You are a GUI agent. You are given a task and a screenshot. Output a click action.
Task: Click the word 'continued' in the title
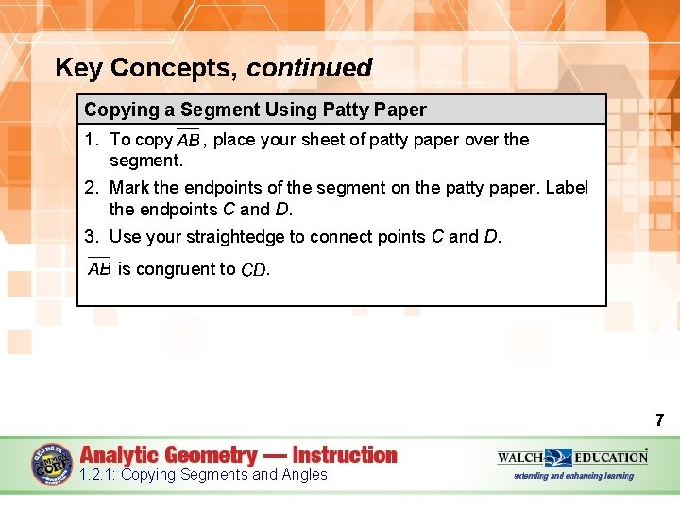pyautogui.click(x=310, y=68)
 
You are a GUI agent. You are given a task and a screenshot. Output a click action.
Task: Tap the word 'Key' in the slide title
pyautogui.click(x=79, y=68)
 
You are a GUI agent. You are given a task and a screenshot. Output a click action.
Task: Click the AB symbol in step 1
pyautogui.click(x=188, y=140)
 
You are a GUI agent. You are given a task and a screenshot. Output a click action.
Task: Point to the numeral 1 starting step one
pyautogui.click(x=91, y=140)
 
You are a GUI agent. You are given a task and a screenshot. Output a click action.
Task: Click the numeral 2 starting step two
pyautogui.click(x=91, y=188)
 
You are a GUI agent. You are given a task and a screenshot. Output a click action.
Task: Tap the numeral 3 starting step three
pyautogui.click(x=91, y=236)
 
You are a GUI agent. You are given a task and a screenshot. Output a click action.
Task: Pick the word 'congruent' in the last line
pyautogui.click(x=177, y=269)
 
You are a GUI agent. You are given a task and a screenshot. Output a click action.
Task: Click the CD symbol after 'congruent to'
pyautogui.click(x=253, y=270)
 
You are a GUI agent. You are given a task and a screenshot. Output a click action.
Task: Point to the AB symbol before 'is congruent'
pyautogui.click(x=99, y=268)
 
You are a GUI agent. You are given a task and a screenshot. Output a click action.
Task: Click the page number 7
pyautogui.click(x=659, y=420)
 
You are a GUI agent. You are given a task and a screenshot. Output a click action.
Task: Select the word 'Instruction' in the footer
pyautogui.click(x=345, y=455)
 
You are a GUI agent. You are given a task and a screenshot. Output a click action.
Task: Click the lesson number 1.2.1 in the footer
pyautogui.click(x=98, y=475)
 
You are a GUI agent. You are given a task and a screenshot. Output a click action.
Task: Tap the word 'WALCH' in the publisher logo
pyautogui.click(x=520, y=457)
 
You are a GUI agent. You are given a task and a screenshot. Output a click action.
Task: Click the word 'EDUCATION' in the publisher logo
pyautogui.click(x=611, y=457)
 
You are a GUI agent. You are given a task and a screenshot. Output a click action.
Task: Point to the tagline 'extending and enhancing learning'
pyautogui.click(x=574, y=476)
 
